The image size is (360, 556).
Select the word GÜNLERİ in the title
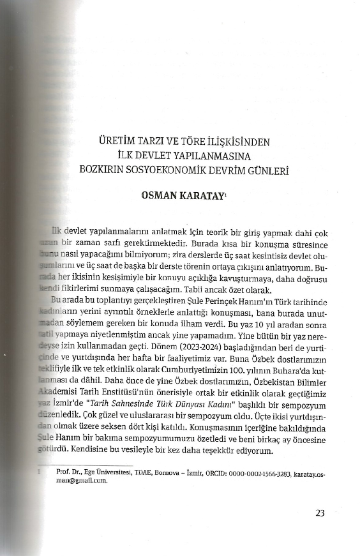point(270,170)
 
